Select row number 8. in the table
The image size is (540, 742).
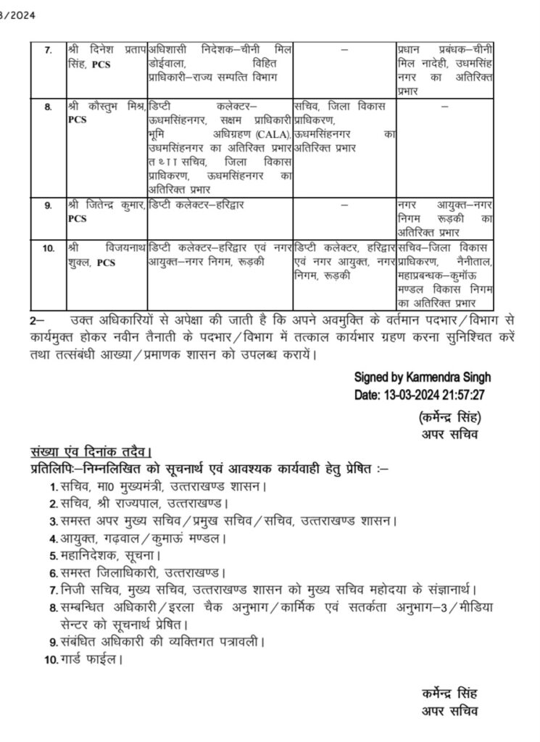pos(48,107)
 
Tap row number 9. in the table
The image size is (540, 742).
pos(48,206)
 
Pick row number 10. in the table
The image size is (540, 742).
pos(49,249)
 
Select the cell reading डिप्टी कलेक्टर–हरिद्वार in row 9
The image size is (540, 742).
pos(196,206)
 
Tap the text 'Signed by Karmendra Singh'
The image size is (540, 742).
pos(423,378)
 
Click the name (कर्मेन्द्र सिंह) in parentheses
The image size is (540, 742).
pos(450,418)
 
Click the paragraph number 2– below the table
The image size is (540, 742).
pos(36,319)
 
